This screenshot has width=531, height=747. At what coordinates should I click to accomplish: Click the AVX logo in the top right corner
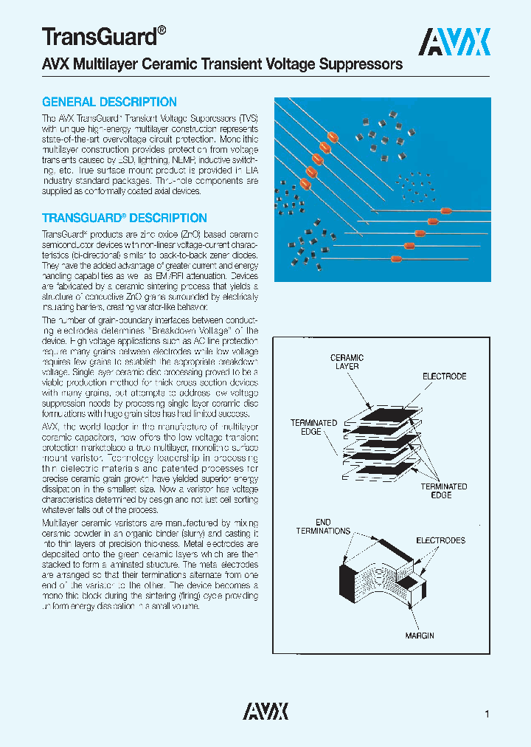[x=454, y=42]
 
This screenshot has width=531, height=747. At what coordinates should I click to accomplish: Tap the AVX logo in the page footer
[x=265, y=711]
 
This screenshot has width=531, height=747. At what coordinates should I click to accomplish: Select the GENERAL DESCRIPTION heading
[x=109, y=102]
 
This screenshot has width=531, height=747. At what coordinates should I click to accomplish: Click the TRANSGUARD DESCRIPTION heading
[x=124, y=218]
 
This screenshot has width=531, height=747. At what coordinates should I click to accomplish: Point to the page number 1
[x=487, y=714]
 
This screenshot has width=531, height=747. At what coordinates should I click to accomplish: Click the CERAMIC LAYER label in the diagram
[x=347, y=362]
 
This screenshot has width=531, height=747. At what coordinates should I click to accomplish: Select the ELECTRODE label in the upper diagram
[x=444, y=376]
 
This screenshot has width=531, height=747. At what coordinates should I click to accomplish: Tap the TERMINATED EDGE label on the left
[x=313, y=427]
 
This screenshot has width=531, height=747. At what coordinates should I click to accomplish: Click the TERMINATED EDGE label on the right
[x=444, y=491]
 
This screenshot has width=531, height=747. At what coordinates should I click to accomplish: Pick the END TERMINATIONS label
[x=323, y=526]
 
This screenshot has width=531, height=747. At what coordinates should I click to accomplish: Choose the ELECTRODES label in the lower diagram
[x=440, y=540]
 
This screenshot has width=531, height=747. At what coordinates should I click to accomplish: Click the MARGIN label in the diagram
[x=420, y=636]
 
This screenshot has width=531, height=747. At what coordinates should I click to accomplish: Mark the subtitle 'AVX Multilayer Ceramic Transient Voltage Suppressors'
[x=222, y=64]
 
